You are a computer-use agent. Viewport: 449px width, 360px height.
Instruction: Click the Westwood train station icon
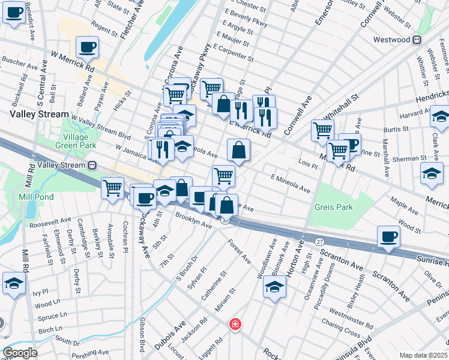click(415, 40)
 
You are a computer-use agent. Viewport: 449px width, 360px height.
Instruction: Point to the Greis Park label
click(334, 207)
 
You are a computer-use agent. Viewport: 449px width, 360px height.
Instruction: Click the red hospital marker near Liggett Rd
click(235, 325)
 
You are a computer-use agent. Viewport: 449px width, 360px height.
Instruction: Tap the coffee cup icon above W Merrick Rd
click(87, 47)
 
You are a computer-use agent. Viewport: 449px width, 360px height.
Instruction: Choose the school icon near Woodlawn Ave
click(274, 287)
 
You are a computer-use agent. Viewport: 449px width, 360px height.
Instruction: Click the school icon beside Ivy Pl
click(13, 283)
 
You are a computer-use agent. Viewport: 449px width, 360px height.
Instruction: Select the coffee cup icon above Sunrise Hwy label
click(388, 236)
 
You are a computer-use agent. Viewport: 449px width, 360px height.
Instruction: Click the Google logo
click(20, 353)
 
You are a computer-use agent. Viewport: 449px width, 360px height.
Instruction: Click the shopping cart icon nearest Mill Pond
click(112, 188)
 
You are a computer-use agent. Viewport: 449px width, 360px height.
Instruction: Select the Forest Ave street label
click(240, 252)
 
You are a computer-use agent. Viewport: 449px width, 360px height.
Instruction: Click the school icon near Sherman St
click(430, 173)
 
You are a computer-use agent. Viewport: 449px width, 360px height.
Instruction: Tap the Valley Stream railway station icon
click(93, 165)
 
